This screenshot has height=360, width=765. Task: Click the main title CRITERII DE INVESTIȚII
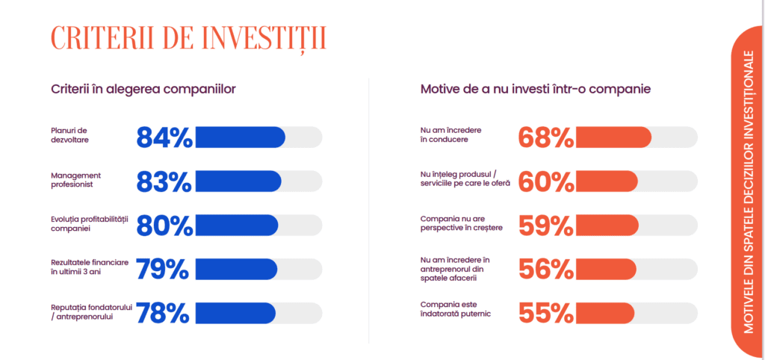click(x=188, y=39)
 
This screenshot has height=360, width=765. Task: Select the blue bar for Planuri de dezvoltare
click(x=240, y=137)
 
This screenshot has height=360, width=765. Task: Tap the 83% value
click(x=164, y=181)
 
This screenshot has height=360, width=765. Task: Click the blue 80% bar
click(x=237, y=225)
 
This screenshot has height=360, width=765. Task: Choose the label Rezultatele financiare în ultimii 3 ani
click(x=90, y=267)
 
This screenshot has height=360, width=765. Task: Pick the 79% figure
click(x=162, y=269)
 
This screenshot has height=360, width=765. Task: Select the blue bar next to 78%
click(x=235, y=313)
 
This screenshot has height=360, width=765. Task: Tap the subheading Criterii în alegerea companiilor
click(x=143, y=90)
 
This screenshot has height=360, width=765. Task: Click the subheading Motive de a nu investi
click(x=536, y=90)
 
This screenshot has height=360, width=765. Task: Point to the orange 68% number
click(x=546, y=137)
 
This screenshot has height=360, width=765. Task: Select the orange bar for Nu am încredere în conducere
click(x=614, y=137)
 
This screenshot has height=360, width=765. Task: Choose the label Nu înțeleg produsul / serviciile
click(x=465, y=179)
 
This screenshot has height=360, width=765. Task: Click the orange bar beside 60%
click(x=607, y=181)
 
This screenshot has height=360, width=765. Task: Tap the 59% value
click(x=546, y=226)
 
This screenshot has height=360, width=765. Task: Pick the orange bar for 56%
click(x=606, y=269)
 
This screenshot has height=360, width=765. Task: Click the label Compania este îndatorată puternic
click(x=456, y=309)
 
